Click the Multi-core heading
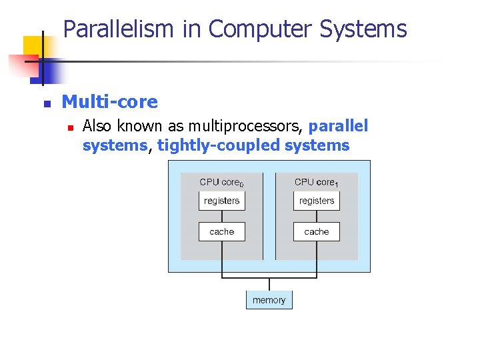click(x=109, y=102)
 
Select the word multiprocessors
click(x=246, y=126)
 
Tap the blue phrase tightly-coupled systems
click(x=253, y=145)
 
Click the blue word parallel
click(x=338, y=126)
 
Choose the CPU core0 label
click(x=221, y=182)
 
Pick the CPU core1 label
click(x=317, y=182)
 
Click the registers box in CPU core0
click(x=222, y=201)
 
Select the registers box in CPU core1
click(x=317, y=201)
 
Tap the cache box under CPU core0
click(x=222, y=231)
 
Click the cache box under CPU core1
click(x=317, y=231)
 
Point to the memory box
click(x=269, y=300)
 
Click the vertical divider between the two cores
click(x=269, y=217)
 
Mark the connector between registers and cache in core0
click(x=222, y=216)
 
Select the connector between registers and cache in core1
click(x=317, y=216)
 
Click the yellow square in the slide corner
click(x=33, y=47)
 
